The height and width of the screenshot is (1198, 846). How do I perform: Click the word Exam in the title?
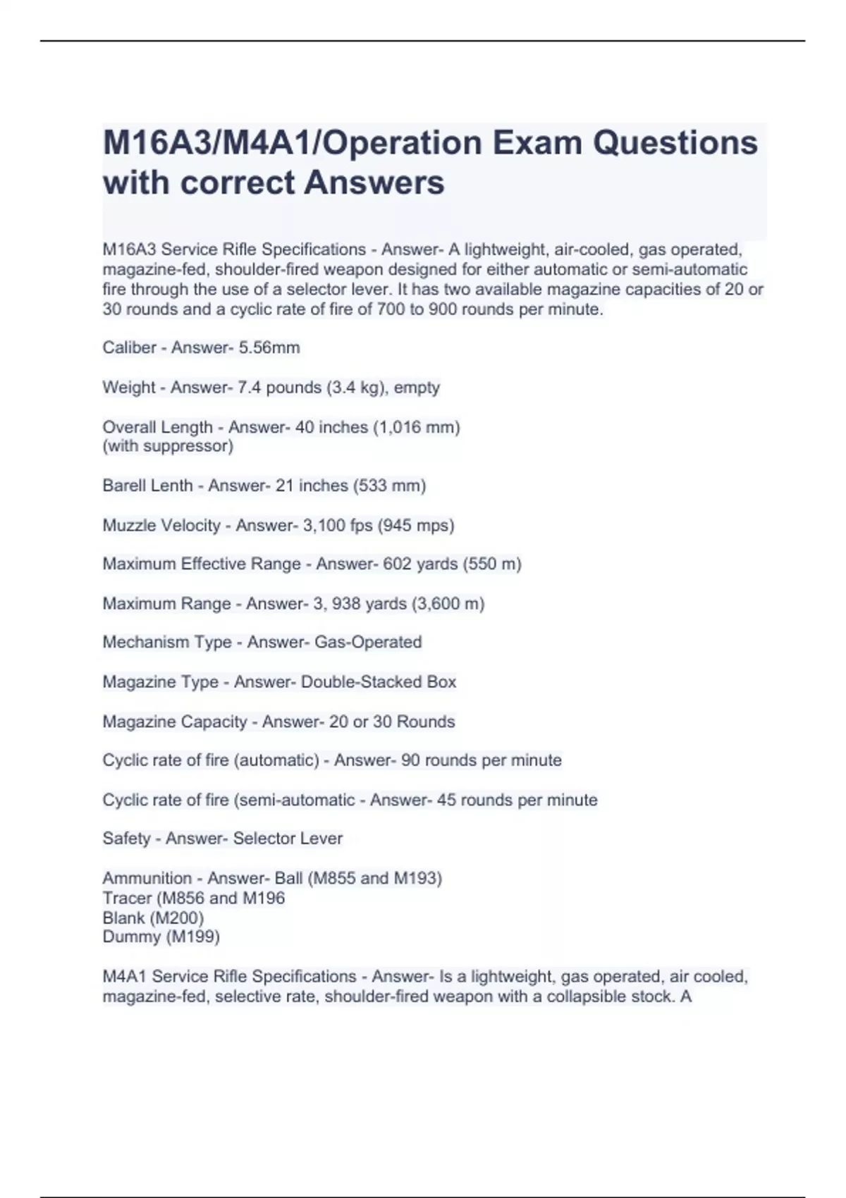537,143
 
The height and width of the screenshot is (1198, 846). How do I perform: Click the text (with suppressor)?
168,446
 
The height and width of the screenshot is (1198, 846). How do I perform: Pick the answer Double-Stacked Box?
379,682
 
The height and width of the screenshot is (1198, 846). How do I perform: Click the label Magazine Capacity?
175,722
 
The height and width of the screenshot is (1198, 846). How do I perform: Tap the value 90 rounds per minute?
482,760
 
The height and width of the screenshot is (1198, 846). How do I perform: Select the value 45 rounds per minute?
517,800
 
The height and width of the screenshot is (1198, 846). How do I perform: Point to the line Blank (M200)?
153,918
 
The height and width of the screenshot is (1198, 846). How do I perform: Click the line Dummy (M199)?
161,937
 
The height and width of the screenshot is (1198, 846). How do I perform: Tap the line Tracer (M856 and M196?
194,898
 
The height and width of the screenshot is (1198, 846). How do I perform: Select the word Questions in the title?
675,143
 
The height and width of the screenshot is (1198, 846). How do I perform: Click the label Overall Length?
157,427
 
